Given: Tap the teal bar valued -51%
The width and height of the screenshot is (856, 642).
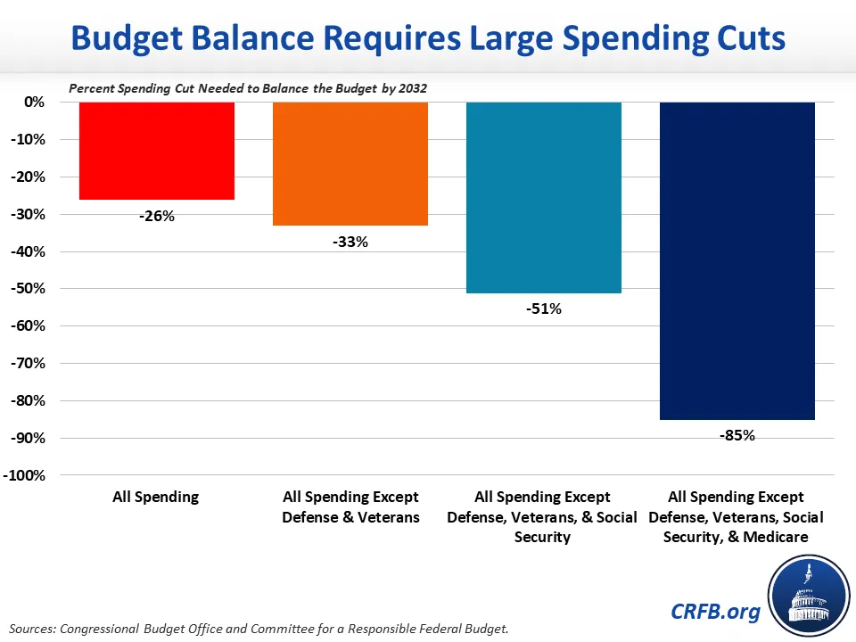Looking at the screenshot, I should (x=543, y=197).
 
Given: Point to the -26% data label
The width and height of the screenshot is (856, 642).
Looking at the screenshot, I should (x=157, y=215).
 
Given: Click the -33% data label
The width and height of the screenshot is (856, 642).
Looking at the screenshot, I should (x=350, y=241).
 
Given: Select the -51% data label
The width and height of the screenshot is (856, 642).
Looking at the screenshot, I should (x=543, y=309).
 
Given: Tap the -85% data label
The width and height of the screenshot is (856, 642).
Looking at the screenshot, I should (x=737, y=435).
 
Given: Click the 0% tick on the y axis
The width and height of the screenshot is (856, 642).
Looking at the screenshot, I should (x=33, y=103).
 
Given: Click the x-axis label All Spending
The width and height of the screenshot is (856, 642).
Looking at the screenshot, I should (x=156, y=497).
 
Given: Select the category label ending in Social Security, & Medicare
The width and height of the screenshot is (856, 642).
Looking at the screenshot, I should (x=737, y=517).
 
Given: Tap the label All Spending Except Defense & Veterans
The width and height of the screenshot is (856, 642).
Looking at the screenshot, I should (x=350, y=507).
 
